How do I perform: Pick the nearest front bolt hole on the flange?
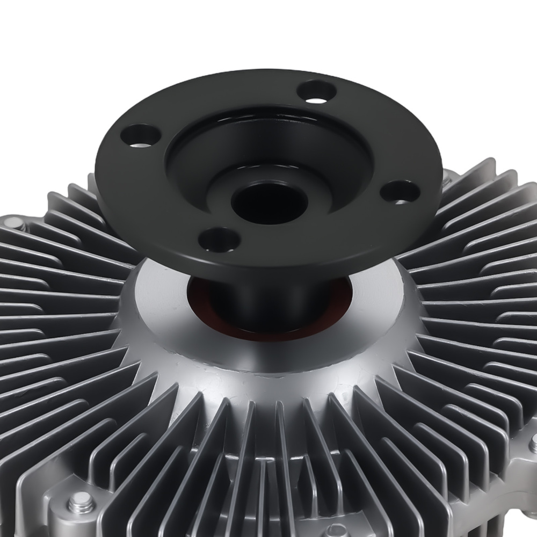219,239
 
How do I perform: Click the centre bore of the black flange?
269,202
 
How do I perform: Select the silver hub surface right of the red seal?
376,301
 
